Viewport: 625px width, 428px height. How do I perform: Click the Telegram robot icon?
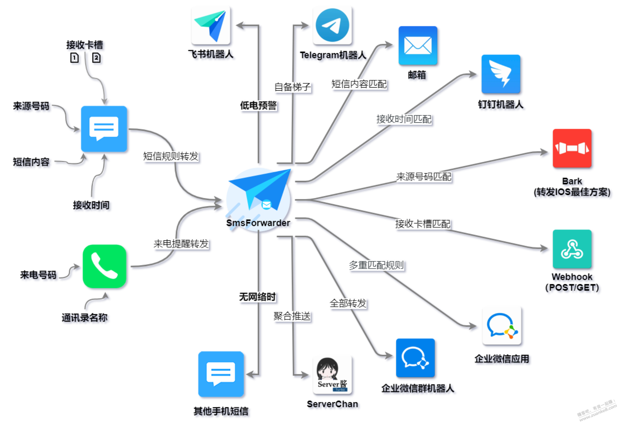click(332, 26)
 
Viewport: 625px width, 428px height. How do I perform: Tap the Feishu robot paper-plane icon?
click(211, 26)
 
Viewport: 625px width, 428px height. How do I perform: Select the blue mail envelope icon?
click(418, 45)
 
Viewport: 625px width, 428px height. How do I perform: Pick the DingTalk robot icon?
click(501, 74)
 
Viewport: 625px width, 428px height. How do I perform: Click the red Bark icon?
click(572, 148)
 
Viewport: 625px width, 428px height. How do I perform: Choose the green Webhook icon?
click(572, 249)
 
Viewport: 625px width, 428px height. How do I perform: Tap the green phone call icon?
click(104, 266)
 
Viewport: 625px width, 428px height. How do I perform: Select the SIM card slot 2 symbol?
click(96, 58)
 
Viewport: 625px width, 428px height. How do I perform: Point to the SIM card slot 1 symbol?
click(74, 58)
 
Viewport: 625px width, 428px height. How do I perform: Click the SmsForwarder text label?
click(258, 223)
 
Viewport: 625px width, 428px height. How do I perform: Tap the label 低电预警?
click(258, 106)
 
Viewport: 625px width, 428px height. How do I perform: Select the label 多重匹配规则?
click(376, 265)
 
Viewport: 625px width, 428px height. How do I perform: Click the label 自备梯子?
click(292, 87)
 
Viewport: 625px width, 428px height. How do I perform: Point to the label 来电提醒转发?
click(181, 244)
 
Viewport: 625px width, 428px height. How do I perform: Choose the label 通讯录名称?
click(85, 317)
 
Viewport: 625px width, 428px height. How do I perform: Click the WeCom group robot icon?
click(415, 358)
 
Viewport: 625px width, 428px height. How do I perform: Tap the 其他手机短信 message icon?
click(221, 374)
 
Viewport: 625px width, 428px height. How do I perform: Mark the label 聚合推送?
click(292, 316)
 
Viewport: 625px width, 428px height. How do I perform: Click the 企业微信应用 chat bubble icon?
click(502, 326)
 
